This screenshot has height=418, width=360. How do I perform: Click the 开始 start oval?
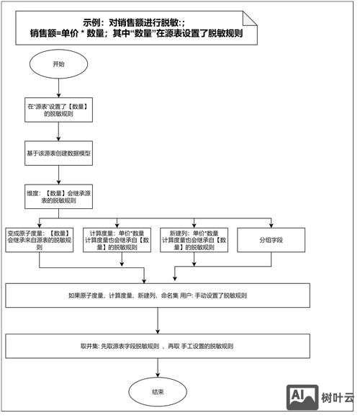pos(58,64)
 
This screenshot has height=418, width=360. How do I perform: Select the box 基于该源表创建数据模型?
pos(58,154)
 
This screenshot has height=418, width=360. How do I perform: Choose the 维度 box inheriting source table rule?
pos(58,197)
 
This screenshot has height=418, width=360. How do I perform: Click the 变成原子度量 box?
pos(40,240)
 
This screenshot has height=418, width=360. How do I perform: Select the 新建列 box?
pos(194,240)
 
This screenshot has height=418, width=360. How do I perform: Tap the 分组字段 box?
pos(271,240)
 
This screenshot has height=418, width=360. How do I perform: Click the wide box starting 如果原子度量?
pos(158,295)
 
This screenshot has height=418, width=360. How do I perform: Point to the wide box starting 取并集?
pos(158,345)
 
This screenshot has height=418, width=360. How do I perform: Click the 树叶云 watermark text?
pos(338,397)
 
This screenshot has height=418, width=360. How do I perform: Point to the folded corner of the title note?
pos(249,16)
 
